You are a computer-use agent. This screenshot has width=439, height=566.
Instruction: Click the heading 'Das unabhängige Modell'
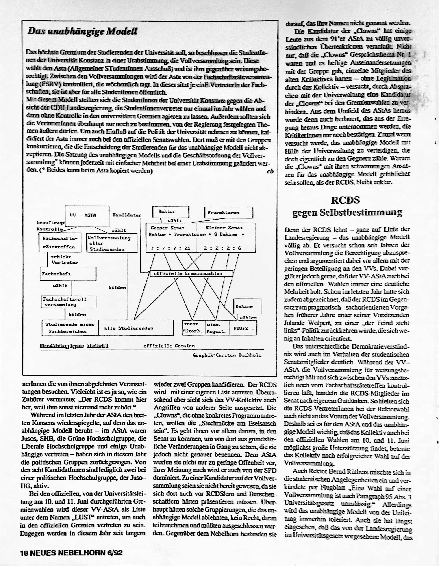pyautogui.click(x=82, y=32)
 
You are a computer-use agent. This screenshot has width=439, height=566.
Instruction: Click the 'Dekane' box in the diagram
pyautogui.click(x=244, y=306)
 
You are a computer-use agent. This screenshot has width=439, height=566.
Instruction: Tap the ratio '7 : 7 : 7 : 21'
pyautogui.click(x=170, y=248)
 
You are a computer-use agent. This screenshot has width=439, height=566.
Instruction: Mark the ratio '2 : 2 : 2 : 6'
pyautogui.click(x=222, y=248)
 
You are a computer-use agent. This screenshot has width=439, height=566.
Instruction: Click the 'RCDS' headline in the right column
pyautogui.click(x=345, y=200)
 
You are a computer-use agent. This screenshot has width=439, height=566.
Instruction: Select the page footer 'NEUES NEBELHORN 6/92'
pyautogui.click(x=76, y=553)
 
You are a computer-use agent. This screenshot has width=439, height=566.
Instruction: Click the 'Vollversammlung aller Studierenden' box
pyautogui.click(x=112, y=243)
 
